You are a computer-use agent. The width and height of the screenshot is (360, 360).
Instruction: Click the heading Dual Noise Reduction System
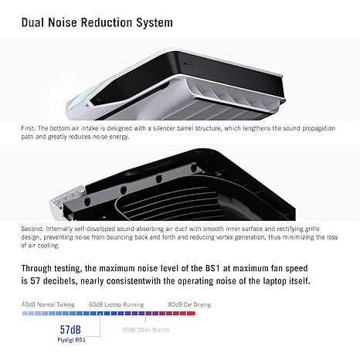(97, 22)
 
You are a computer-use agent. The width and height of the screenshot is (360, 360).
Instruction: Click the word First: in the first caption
(29, 128)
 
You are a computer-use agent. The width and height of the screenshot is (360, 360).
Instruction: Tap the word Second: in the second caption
(32, 229)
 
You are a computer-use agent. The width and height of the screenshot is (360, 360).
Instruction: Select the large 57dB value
(70, 330)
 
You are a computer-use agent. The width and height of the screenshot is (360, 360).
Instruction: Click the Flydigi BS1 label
(71, 340)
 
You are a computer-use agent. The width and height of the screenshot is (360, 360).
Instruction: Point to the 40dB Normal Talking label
(48, 304)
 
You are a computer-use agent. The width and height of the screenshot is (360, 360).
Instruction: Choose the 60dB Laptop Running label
(116, 304)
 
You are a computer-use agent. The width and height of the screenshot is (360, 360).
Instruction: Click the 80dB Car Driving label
(189, 304)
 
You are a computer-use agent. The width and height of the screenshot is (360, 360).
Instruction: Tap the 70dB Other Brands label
(145, 330)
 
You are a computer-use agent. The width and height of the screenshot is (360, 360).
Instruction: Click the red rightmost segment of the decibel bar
(191, 314)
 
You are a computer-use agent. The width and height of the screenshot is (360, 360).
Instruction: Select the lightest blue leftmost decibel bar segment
(25, 314)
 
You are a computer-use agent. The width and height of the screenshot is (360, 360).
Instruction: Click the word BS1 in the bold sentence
(212, 268)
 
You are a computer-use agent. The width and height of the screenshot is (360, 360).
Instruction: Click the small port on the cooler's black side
(186, 63)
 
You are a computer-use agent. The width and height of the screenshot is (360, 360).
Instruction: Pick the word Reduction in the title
(107, 22)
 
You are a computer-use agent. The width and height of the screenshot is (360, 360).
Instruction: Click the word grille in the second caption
(312, 229)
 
